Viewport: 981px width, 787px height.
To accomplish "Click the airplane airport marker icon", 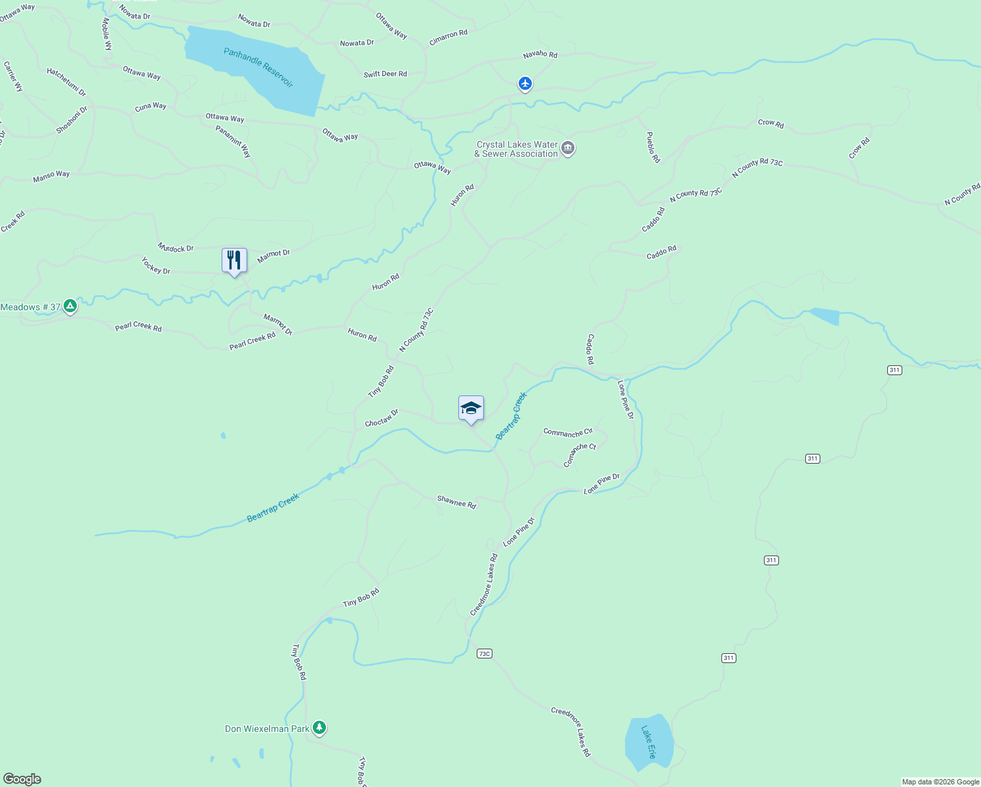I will click(525, 84).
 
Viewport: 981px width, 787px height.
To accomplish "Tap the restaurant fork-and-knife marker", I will click(234, 260).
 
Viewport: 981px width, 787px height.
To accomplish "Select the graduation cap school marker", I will click(471, 409).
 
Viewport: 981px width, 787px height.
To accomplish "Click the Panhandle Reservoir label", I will click(258, 68).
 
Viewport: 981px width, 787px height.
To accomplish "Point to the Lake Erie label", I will click(648, 742).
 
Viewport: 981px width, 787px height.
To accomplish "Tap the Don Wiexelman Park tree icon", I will click(319, 727).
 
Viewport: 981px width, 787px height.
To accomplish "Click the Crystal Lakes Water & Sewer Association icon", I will click(568, 149).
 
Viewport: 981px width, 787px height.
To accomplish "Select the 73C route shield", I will click(484, 654).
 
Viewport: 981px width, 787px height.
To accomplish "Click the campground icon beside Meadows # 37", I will click(70, 306).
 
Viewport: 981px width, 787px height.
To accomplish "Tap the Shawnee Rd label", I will click(456, 502).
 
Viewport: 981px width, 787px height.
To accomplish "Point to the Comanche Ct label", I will click(580, 455).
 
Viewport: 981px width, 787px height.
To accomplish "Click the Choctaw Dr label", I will click(382, 418).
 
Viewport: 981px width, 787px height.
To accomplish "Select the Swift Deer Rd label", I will click(385, 74).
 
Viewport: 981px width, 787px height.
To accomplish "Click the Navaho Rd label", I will click(540, 54).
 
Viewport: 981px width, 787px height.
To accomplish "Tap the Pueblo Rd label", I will click(652, 147).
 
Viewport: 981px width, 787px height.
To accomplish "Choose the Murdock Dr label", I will click(176, 248).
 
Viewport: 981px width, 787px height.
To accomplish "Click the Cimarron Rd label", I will click(449, 38).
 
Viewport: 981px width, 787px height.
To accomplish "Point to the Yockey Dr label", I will click(156, 266).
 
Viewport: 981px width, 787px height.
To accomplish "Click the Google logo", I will click(22, 779).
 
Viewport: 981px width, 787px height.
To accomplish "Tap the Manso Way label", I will click(51, 176).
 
